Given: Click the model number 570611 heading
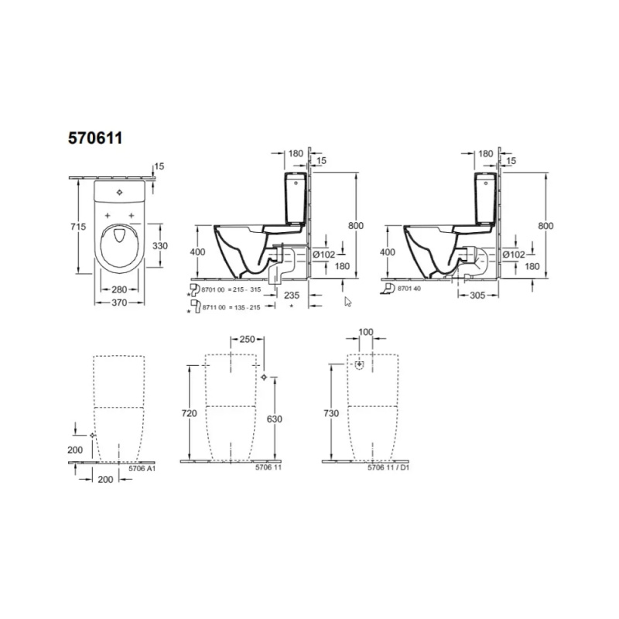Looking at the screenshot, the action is [x=95, y=139].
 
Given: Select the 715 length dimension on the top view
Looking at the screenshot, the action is [x=79, y=227].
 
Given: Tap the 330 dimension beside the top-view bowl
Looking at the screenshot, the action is [x=160, y=245].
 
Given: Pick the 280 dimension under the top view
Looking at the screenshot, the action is [x=119, y=289].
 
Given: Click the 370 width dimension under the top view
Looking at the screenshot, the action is [x=119, y=303].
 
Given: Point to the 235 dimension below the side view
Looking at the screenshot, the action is [x=292, y=296].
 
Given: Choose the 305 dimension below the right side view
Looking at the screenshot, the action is [x=477, y=296].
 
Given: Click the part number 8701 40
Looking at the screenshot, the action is [x=409, y=289].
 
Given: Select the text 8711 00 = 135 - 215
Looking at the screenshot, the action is [x=231, y=307].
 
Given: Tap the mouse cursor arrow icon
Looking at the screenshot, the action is [x=347, y=302].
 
